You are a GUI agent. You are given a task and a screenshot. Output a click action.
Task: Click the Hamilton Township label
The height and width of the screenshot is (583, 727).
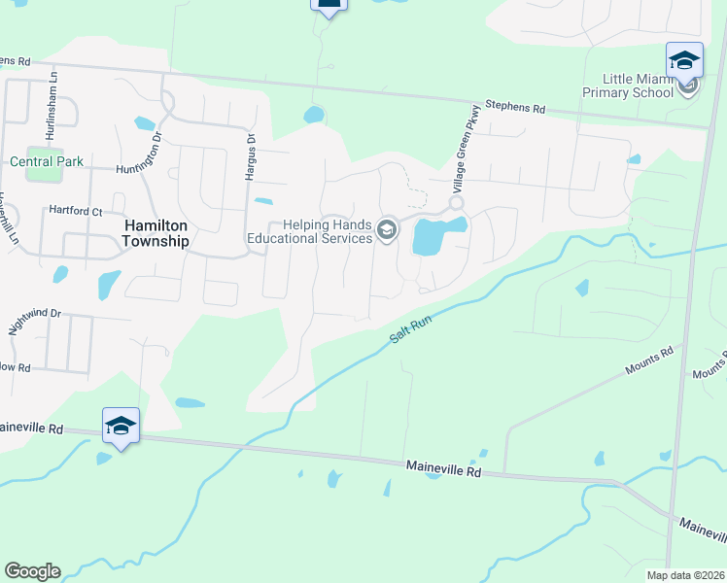[x=156, y=232]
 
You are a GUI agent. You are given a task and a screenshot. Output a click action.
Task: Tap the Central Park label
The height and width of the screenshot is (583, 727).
[x=47, y=161]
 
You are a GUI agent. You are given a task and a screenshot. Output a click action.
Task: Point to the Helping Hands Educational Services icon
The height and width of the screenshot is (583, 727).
[x=387, y=230]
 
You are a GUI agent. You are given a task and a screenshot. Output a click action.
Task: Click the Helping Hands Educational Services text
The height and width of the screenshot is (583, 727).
[x=309, y=231]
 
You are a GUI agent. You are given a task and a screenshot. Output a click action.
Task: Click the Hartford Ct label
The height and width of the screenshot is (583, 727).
[x=76, y=210]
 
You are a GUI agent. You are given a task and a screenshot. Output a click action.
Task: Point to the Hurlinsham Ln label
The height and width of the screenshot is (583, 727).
[x=54, y=96]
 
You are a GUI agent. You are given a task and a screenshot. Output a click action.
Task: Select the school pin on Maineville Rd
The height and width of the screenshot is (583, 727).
[x=121, y=426]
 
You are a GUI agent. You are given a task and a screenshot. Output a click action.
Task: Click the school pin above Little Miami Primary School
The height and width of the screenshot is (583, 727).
[x=684, y=60]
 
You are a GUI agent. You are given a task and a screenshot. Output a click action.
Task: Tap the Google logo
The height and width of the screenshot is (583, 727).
[x=32, y=571]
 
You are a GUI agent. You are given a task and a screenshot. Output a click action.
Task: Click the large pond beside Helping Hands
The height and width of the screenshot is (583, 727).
[x=433, y=235]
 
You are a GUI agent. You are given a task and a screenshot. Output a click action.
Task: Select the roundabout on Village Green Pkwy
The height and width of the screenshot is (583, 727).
[x=455, y=203]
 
